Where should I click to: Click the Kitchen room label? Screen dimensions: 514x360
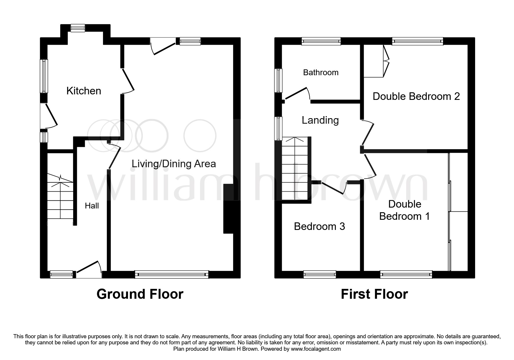point(84,91)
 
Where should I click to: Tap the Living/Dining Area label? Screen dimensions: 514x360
point(174,164)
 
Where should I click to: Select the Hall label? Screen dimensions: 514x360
point(92,206)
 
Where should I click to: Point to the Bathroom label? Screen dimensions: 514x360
point(321,72)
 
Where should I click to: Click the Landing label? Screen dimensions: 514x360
point(320,120)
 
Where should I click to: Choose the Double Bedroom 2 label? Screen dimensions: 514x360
point(416,96)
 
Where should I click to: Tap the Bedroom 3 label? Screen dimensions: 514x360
point(319,226)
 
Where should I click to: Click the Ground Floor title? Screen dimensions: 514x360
point(140,294)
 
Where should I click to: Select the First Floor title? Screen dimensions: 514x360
point(374,294)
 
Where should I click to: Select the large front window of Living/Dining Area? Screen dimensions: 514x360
point(172,274)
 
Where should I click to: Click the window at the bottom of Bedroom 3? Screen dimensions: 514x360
point(320,274)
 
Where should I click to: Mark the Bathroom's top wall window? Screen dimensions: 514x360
point(321,41)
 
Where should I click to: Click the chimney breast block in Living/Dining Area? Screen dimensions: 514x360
point(228,208)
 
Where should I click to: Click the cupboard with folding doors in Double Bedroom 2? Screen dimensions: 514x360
point(374,61)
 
